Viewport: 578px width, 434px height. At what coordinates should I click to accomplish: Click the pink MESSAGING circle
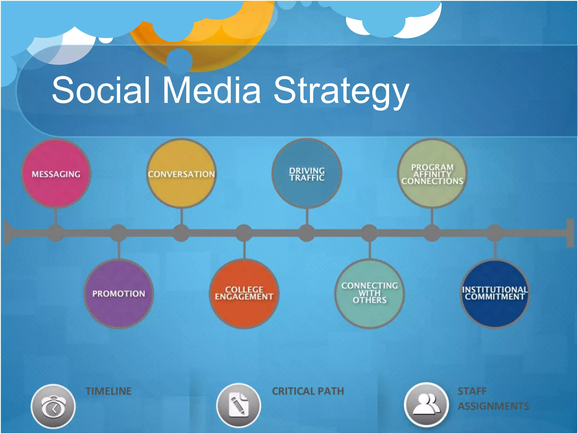pos(56,173)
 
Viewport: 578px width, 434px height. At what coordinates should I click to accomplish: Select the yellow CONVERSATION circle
pos(181,173)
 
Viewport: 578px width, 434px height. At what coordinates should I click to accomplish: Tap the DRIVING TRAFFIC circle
pos(307,173)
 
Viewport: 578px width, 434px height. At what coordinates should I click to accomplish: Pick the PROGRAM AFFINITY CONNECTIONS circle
pos(432,173)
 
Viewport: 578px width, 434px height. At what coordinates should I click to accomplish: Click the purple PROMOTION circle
pos(119,294)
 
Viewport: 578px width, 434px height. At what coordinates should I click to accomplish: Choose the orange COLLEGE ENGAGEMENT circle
pos(244,294)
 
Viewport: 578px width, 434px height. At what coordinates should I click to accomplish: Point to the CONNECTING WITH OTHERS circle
pos(369,294)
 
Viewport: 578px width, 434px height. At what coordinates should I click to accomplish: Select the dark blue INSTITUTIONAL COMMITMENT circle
pos(495,294)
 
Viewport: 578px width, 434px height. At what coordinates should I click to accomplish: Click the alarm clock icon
pos(53,406)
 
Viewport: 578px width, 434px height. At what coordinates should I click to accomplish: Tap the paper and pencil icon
pos(238,406)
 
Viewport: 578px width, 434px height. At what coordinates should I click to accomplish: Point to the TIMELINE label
pos(109,391)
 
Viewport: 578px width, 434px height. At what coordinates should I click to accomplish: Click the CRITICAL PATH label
pos(308,391)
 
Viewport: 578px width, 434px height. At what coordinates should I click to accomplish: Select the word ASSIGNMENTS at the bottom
pos(493,406)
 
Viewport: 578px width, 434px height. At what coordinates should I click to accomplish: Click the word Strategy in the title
pos(341,90)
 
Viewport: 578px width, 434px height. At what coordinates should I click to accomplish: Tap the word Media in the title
pos(212,90)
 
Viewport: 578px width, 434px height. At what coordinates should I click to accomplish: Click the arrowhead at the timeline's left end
pos(9,233)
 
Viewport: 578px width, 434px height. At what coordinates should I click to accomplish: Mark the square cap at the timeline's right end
pos(570,233)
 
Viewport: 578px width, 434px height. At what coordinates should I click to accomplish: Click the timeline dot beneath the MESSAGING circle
pos(56,233)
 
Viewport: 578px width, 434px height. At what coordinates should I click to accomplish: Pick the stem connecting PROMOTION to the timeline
pos(119,250)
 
